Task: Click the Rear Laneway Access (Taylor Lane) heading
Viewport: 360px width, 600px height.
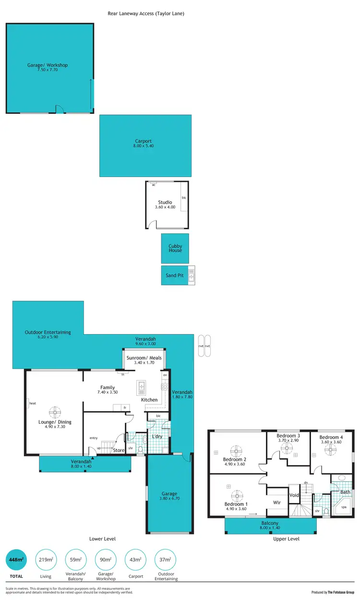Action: point(146,13)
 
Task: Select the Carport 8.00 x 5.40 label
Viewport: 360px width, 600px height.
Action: point(144,143)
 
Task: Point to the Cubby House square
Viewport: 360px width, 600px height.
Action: point(175,248)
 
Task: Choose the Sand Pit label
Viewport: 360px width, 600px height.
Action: point(175,276)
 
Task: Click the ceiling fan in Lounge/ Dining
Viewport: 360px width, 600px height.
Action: point(56,412)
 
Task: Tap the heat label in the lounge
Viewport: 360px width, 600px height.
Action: point(33,404)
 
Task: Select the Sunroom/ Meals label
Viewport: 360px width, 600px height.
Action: point(144,358)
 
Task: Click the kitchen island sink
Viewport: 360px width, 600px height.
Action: point(142,387)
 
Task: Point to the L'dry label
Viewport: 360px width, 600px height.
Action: point(157,436)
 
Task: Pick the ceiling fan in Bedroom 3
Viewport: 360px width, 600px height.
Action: point(287,448)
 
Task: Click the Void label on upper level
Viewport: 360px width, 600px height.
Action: point(294,495)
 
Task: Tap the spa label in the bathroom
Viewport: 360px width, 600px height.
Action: point(344,507)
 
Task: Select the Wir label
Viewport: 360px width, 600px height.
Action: point(277,502)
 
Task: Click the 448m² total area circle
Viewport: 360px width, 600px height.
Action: point(16,560)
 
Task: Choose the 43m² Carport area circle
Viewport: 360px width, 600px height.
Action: point(135,560)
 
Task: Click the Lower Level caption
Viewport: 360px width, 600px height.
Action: point(102,539)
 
